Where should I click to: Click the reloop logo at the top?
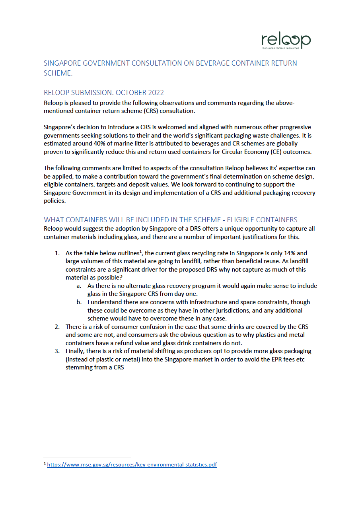tap(286, 40)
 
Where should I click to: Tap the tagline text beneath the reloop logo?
tap(280, 47)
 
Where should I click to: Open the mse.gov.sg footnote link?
tap(132, 464)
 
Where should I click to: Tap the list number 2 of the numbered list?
tap(57, 327)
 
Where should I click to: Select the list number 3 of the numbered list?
tap(57, 351)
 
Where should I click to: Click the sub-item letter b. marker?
tap(80, 302)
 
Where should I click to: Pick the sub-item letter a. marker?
tap(80, 286)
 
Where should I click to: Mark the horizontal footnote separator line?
tap(87, 457)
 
